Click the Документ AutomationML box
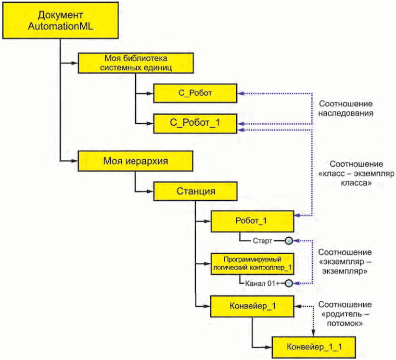click(x=60, y=20)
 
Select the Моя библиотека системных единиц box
click(x=136, y=63)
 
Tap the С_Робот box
click(x=195, y=93)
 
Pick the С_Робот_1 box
click(x=195, y=123)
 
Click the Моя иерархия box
click(x=136, y=161)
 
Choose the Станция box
click(x=195, y=191)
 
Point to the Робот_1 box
click(x=252, y=221)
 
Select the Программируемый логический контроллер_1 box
click(x=252, y=264)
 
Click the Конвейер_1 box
click(x=252, y=306)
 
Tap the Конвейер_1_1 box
click(x=314, y=347)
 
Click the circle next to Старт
click(x=289, y=241)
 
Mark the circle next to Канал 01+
click(x=289, y=283)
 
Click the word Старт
click(x=262, y=241)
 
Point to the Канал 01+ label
click(x=263, y=283)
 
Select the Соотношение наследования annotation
click(x=346, y=108)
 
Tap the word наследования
click(x=346, y=113)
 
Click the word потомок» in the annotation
click(x=345, y=323)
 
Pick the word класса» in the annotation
click(x=356, y=183)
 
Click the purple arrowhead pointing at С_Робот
click(x=241, y=93)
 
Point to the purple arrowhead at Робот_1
click(x=297, y=215)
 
